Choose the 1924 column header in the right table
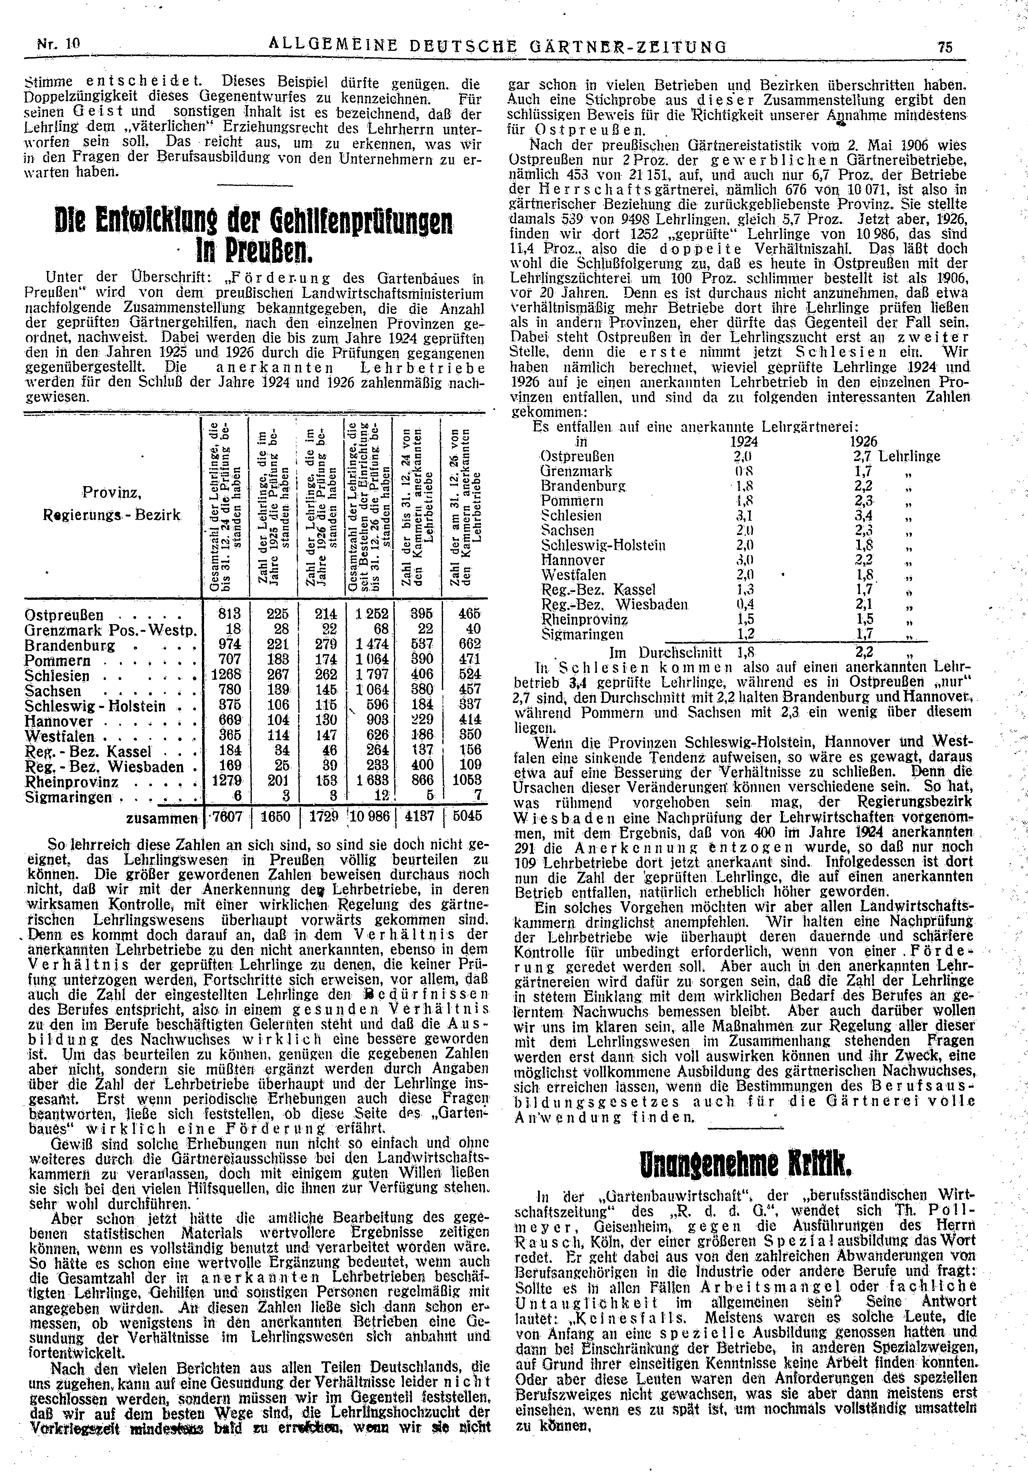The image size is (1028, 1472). click(x=743, y=442)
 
